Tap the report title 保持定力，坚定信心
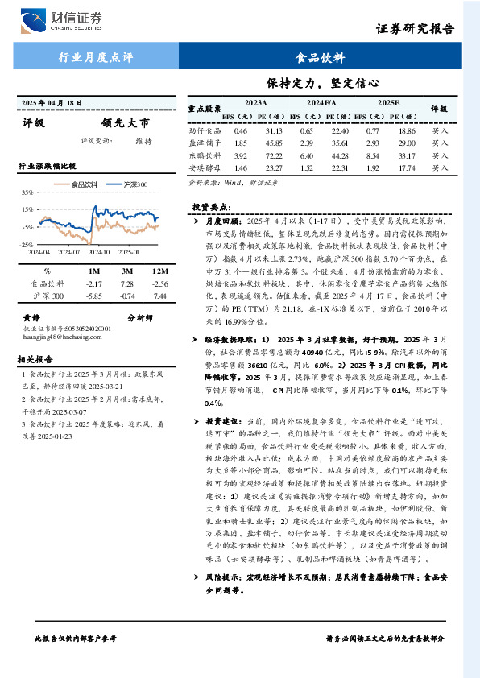[x=322, y=82]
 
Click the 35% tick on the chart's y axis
[x=27, y=193]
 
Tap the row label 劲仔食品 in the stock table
[x=205, y=130]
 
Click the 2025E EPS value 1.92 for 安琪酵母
[x=372, y=168]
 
